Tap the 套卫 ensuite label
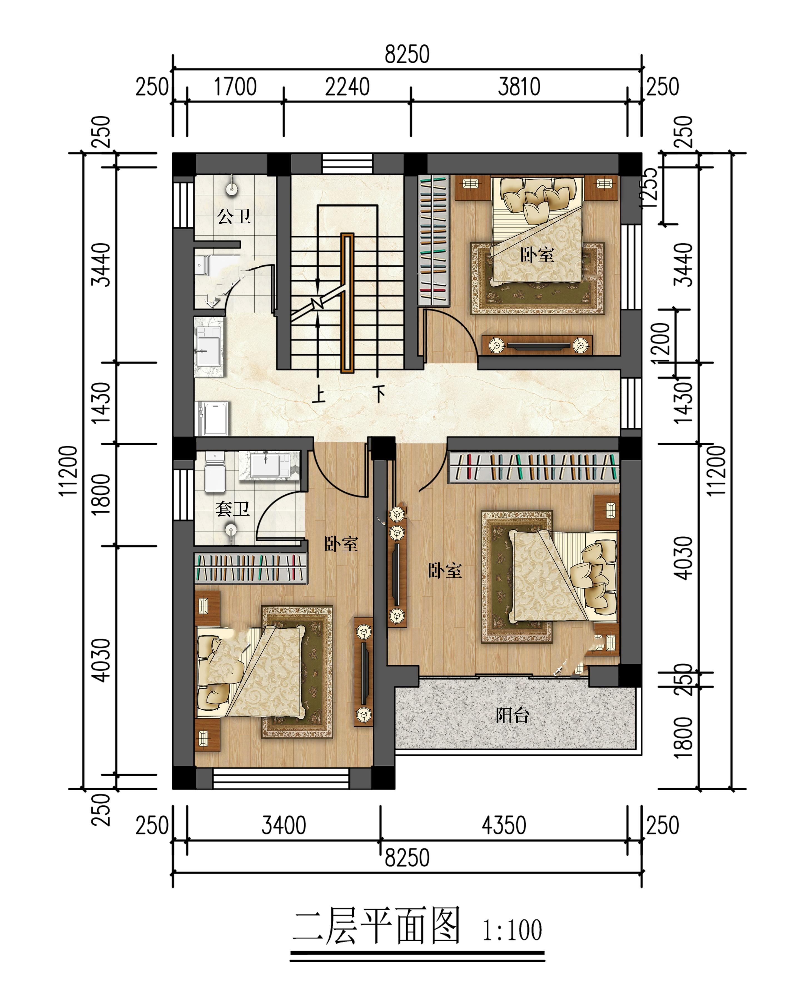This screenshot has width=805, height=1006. [x=232, y=509]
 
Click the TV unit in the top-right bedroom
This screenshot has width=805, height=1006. [x=537, y=345]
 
